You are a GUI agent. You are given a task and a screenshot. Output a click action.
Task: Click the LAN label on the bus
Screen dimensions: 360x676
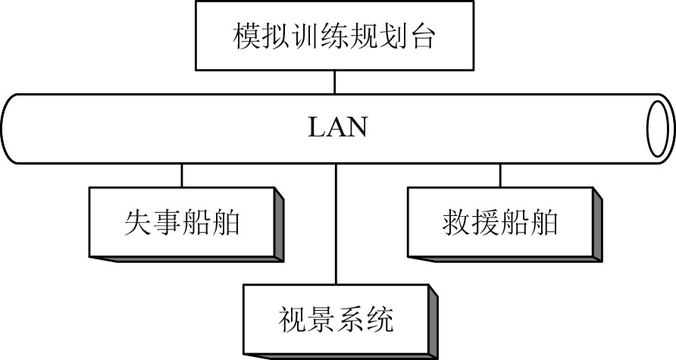click(x=337, y=127)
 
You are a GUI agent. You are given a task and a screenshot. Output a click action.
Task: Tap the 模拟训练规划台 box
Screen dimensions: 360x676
click(x=334, y=36)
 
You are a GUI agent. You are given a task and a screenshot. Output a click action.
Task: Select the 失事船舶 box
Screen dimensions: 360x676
click(x=182, y=221)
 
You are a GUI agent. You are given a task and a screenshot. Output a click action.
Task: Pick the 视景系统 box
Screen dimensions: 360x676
click(x=334, y=318)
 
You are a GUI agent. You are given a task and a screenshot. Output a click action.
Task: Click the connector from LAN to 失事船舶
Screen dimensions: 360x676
click(x=182, y=175)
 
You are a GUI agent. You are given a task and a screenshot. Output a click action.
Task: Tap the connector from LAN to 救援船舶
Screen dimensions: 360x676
click(x=500, y=175)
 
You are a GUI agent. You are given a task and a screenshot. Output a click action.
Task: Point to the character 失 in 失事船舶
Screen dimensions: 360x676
click(x=137, y=222)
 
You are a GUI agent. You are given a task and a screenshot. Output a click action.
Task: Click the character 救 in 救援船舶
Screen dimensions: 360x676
click(x=454, y=222)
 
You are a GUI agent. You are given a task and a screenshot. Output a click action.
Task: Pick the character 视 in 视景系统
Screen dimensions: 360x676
click(x=289, y=319)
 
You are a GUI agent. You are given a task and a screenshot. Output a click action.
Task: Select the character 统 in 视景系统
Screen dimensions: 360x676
click(x=379, y=319)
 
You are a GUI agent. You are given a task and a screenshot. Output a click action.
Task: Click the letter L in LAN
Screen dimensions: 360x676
click(x=317, y=127)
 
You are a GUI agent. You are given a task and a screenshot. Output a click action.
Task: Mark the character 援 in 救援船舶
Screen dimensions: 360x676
click(x=484, y=222)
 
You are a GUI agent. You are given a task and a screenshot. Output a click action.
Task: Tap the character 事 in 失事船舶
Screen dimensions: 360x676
click(x=167, y=222)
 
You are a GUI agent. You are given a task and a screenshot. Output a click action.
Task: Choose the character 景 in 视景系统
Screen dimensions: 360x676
click(x=319, y=319)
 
